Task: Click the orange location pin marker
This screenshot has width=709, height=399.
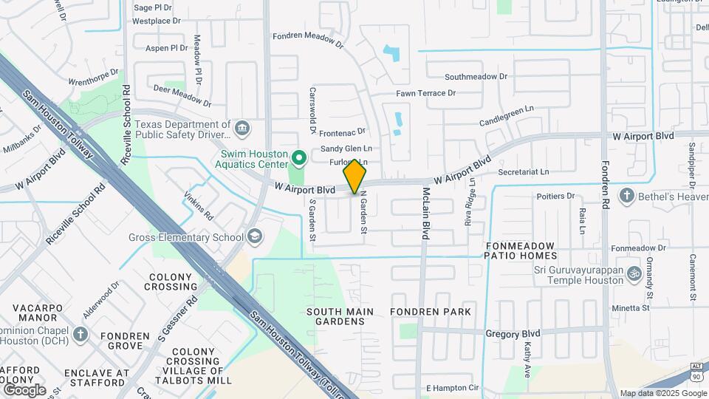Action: tap(354, 176)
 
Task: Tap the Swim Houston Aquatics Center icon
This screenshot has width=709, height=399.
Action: tap(299, 157)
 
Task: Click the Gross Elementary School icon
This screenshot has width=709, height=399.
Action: tap(255, 236)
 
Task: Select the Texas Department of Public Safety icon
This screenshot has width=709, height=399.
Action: tap(242, 131)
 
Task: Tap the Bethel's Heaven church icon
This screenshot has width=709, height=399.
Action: tap(627, 196)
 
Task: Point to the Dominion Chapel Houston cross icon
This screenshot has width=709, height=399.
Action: tap(80, 334)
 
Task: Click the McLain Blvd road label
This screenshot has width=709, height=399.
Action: tap(426, 214)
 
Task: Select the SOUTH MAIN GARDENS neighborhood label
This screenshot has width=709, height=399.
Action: tap(340, 316)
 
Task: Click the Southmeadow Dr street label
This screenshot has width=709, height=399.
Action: tap(476, 76)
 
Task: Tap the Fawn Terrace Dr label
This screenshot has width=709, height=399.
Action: tap(426, 93)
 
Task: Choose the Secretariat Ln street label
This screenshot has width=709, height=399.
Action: tap(524, 171)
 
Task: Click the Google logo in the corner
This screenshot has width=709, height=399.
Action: tap(24, 389)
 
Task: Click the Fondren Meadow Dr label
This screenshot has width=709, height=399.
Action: tap(308, 38)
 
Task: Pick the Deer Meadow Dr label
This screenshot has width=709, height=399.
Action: tap(182, 96)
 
